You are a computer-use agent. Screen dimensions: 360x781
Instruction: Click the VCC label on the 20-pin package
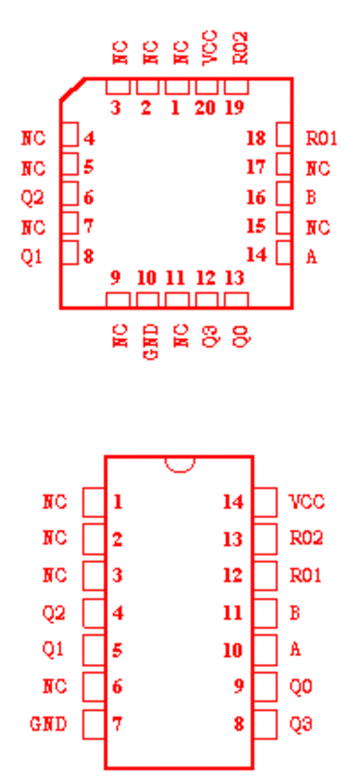[210, 48]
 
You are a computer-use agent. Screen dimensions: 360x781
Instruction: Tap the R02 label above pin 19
[240, 48]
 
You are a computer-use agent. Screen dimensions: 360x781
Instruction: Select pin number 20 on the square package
[205, 108]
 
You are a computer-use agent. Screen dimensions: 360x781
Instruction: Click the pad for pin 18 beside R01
[283, 135]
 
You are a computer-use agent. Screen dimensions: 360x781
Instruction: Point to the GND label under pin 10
[153, 342]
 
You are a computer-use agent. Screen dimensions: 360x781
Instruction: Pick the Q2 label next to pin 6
[32, 198]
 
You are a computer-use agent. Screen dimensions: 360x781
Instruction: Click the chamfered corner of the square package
[72, 90]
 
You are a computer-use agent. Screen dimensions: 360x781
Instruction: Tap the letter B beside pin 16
[310, 198]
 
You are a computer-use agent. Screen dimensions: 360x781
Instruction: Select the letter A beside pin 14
[311, 257]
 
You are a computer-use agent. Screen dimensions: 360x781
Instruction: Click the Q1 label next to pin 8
[31, 257]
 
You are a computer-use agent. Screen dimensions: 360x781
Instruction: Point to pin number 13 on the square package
[235, 278]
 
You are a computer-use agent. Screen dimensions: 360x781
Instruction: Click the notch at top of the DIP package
[179, 464]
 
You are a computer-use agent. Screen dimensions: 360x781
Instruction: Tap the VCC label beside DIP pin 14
[307, 502]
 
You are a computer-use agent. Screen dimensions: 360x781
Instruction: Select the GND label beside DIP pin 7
[49, 723]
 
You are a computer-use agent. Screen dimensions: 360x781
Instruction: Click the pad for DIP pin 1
[94, 502]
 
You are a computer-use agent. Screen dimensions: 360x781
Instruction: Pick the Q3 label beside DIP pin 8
[301, 723]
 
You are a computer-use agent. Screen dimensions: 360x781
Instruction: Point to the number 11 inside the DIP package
[233, 613]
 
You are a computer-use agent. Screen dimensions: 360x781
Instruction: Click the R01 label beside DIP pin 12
[306, 576]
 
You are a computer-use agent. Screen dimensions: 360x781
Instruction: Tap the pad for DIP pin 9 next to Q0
[265, 687]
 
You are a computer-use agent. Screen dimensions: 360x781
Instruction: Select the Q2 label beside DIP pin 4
[54, 613]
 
